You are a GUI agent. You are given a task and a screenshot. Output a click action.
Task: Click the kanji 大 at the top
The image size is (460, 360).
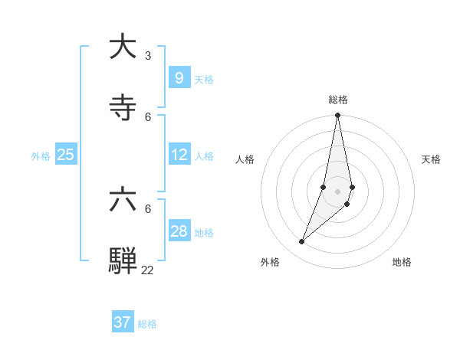[123, 47]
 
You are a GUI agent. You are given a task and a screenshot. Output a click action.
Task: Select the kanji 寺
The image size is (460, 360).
[123, 108]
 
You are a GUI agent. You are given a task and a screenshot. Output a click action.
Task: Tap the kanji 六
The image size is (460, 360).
[123, 200]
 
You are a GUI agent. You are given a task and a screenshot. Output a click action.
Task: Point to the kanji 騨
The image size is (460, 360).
[123, 260]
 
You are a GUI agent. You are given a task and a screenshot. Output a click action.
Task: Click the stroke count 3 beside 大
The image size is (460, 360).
[148, 56]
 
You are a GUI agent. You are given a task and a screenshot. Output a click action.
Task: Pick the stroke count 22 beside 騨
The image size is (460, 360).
[147, 270]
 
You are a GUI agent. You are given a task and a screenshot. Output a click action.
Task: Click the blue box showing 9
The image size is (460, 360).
[179, 78]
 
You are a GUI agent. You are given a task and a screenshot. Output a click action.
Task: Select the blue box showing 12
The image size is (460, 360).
[179, 155]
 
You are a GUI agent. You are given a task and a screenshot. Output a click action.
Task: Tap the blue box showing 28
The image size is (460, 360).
[179, 231]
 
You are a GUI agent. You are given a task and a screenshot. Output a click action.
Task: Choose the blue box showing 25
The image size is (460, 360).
[66, 155]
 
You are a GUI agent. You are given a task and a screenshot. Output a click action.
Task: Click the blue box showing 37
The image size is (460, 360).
[123, 322]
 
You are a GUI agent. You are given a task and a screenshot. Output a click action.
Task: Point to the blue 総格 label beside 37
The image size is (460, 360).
[147, 324]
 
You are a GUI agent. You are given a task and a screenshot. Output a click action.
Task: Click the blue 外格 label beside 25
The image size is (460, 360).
[41, 155]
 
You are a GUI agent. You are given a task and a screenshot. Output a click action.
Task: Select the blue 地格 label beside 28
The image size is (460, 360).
[204, 232]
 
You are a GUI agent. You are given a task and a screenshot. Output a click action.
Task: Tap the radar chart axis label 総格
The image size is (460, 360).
[338, 100]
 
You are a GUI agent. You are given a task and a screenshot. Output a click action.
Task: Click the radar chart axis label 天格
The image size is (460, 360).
[431, 159]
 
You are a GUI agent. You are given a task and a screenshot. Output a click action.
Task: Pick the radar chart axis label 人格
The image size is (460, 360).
[245, 159]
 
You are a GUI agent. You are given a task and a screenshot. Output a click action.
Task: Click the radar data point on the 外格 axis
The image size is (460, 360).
[302, 242]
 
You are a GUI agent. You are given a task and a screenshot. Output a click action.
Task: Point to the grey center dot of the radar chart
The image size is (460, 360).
[338, 191]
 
